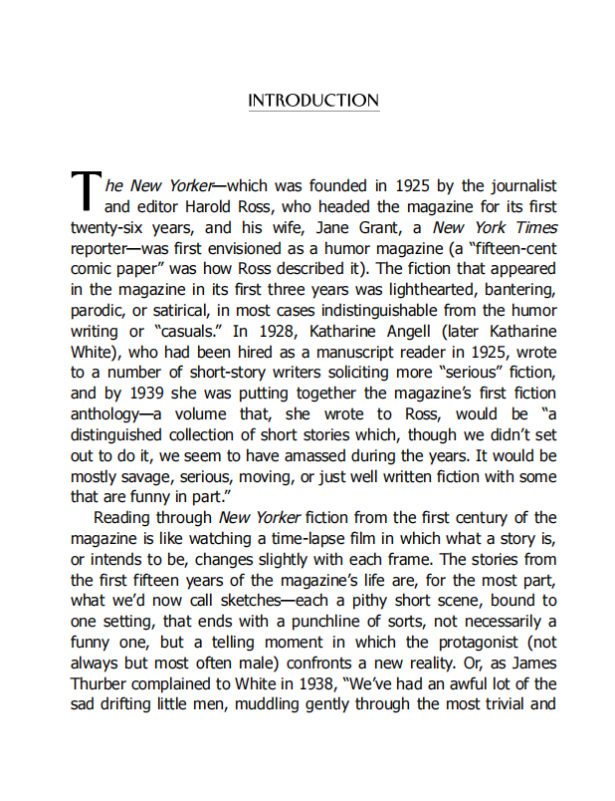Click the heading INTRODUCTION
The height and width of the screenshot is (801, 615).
point(313,102)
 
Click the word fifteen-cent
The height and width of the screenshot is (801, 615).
point(510,248)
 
